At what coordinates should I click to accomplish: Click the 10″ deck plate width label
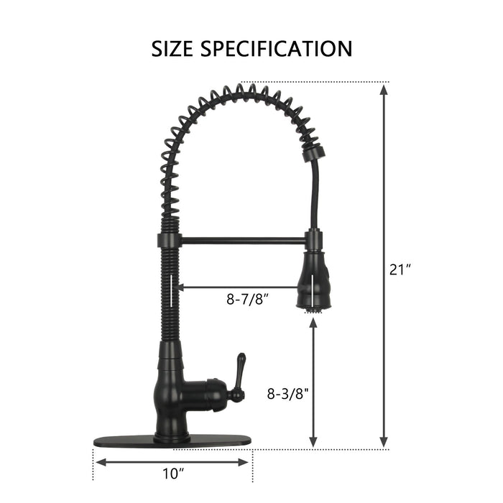[x=174, y=474]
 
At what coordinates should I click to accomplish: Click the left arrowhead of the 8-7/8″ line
[x=179, y=287]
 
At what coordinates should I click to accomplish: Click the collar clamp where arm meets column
[x=166, y=240]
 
